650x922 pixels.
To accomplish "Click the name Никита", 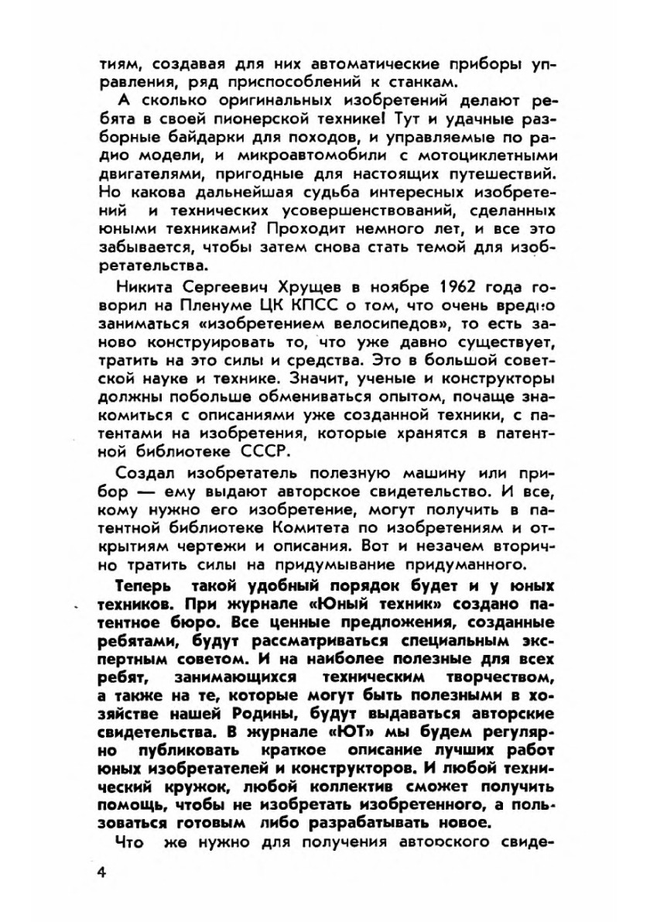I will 142,284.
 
